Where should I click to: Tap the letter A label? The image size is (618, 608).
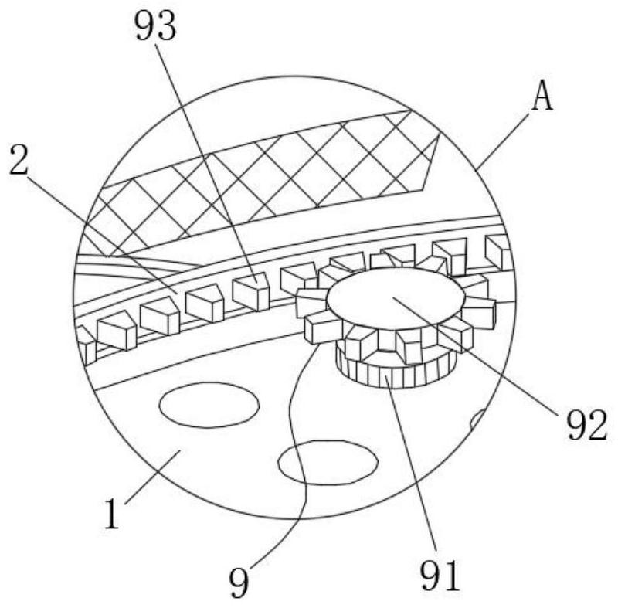coord(543,99)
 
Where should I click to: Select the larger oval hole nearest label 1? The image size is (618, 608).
coord(209,406)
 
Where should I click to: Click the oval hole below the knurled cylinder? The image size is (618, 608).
coord(328,461)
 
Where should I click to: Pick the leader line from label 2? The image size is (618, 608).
coord(100,225)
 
